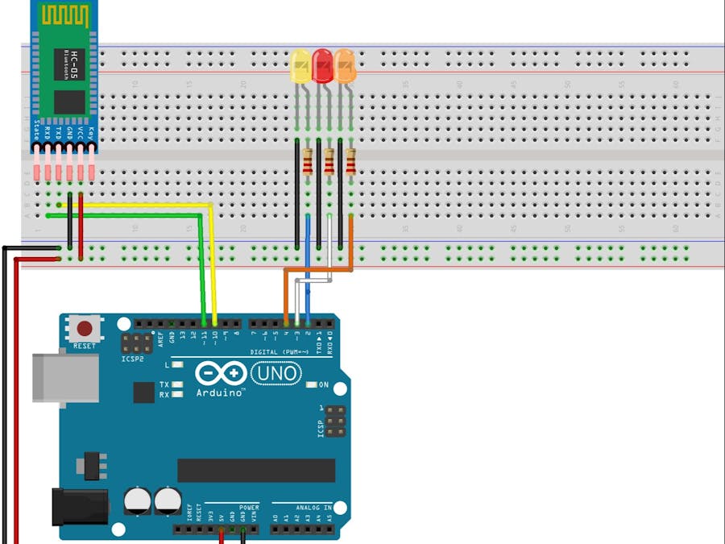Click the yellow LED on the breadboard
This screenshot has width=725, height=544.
(300, 66)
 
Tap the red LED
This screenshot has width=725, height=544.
(322, 65)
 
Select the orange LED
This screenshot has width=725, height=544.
(345, 65)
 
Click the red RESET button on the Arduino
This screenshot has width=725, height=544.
(84, 328)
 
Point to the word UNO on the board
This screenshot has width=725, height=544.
(276, 373)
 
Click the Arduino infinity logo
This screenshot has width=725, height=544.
(220, 373)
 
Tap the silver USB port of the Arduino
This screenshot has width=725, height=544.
(49, 376)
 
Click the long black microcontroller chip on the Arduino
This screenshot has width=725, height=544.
(256, 470)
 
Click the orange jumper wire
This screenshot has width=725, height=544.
(318, 270)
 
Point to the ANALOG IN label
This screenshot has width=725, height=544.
(314, 508)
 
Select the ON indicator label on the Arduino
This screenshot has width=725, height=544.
(323, 384)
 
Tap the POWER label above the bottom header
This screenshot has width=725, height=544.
(249, 508)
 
